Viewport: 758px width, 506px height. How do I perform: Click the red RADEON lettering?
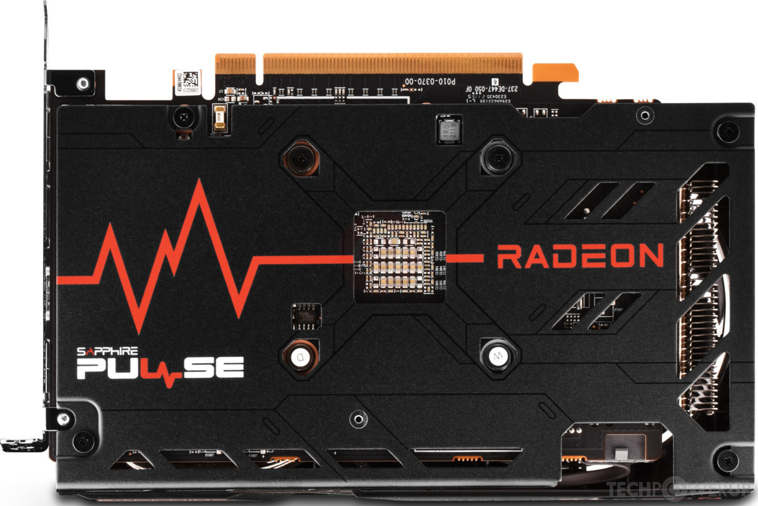[x=580, y=256]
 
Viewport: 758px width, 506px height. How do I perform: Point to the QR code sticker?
[x=186, y=82]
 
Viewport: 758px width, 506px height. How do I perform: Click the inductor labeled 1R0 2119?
[x=448, y=130]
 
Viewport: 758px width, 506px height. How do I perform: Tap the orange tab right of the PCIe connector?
[x=554, y=72]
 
